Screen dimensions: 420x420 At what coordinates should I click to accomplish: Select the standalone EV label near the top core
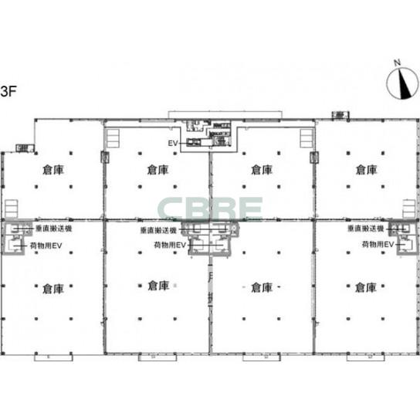[173, 144]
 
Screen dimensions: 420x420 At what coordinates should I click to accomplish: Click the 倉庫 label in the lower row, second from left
[157, 286]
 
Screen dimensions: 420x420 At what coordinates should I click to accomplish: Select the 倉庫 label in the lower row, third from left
[262, 288]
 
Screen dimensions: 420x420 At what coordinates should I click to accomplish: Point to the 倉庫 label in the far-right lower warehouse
[366, 288]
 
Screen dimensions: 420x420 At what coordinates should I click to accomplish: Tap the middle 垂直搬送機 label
[159, 230]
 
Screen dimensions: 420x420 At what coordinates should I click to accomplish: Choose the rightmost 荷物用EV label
[378, 246]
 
